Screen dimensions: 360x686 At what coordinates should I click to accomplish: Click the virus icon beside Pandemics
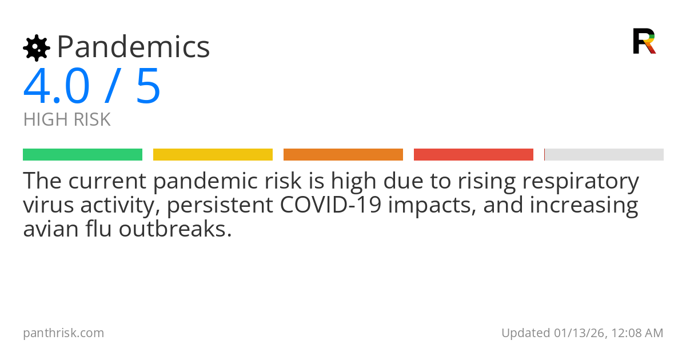(37, 48)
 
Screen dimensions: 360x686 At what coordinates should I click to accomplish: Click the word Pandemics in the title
(133, 47)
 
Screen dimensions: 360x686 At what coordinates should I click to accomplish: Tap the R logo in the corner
(644, 41)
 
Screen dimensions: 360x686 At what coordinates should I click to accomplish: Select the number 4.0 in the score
(56, 87)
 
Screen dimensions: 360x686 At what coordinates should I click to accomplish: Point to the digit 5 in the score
(148, 87)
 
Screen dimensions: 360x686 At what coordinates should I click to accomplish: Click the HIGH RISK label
(67, 120)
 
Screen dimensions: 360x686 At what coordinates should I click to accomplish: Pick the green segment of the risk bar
(82, 155)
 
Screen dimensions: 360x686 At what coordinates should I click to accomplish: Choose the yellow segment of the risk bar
(213, 155)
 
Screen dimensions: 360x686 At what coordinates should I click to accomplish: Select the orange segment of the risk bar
(343, 155)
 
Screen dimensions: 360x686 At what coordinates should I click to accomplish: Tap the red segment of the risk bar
(473, 155)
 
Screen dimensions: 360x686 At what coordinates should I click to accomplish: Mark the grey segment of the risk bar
(604, 155)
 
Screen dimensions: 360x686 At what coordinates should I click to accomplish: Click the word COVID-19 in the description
(330, 205)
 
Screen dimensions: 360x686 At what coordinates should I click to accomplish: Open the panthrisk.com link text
(63, 333)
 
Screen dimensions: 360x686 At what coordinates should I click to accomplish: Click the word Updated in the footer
(525, 333)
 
